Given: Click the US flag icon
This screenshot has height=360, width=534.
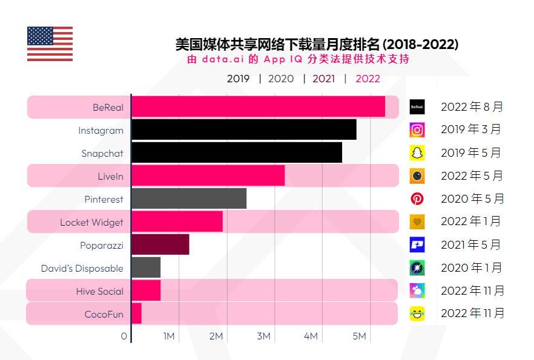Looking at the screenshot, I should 50,44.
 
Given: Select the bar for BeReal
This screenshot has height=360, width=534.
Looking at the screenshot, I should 258,106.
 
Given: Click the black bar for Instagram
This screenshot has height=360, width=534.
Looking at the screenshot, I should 243,129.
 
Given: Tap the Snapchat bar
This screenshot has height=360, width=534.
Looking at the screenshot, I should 236,152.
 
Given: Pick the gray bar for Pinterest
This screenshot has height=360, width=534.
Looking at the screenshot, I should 189,198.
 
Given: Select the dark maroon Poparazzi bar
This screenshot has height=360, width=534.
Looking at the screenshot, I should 160,244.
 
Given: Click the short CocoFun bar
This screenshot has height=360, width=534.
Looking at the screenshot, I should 136,313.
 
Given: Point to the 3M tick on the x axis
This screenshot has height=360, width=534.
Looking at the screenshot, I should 263,336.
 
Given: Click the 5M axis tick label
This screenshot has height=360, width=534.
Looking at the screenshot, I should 359,336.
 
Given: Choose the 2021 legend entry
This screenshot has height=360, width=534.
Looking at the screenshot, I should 323,79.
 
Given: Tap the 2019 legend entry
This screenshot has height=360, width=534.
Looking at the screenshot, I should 238,79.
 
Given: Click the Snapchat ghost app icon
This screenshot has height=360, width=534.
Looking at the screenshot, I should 417,152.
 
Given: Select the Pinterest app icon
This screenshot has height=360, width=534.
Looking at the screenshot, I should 417,198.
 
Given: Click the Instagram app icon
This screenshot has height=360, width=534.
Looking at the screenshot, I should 417,129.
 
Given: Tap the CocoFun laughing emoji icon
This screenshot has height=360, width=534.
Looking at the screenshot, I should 417,313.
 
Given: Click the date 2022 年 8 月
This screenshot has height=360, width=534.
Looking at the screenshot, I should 472,107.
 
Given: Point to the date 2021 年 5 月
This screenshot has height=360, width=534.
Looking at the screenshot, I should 471,245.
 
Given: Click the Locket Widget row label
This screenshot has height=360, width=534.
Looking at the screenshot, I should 91,222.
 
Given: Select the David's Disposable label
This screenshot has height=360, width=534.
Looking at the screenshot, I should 82,268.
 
